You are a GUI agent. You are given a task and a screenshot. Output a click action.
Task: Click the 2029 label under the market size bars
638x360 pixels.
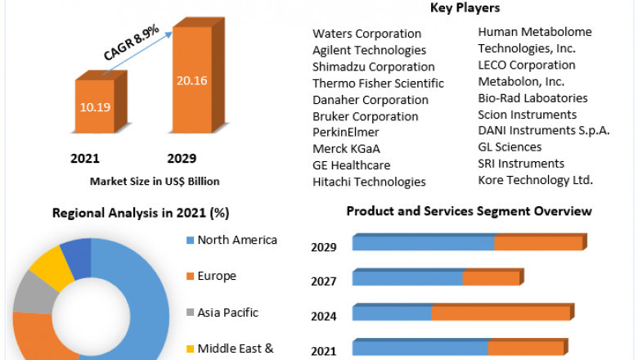(x=182, y=158)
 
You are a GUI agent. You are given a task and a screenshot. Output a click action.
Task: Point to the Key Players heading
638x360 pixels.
(x=465, y=8)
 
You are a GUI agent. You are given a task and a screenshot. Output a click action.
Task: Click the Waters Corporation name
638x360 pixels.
(x=367, y=34)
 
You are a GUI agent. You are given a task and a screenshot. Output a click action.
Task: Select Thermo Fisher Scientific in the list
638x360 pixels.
(x=378, y=83)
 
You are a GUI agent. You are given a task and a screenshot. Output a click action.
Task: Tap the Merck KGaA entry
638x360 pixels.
(x=346, y=149)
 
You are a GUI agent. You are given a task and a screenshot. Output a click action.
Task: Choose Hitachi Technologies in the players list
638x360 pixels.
(x=369, y=182)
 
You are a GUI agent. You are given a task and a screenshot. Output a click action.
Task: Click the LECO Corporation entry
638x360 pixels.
(x=527, y=65)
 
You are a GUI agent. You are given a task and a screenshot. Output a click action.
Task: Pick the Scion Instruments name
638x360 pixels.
(x=528, y=115)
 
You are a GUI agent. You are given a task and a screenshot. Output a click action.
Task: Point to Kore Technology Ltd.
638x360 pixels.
(x=536, y=180)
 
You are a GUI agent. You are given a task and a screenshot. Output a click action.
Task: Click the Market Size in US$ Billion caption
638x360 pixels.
(x=155, y=181)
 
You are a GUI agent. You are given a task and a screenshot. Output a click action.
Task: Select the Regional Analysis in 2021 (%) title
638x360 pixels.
(x=141, y=213)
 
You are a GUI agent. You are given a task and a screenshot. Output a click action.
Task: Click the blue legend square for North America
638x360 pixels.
(x=191, y=241)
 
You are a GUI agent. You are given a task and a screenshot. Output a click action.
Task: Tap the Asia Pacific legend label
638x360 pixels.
(x=228, y=312)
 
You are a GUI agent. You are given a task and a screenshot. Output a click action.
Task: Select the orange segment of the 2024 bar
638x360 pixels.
(x=501, y=313)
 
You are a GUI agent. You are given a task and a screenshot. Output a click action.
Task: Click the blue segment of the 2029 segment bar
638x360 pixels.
(x=423, y=243)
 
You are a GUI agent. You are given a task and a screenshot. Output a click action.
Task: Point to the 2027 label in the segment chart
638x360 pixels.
(x=324, y=281)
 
